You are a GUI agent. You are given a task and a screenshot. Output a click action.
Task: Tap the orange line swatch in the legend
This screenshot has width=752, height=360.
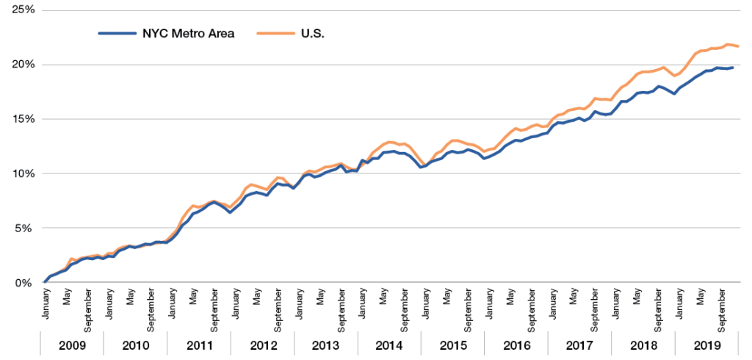(x=272, y=34)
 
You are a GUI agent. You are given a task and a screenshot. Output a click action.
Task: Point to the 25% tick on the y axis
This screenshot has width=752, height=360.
(x=19, y=10)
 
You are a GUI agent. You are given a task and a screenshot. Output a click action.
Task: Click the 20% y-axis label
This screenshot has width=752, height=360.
(x=19, y=65)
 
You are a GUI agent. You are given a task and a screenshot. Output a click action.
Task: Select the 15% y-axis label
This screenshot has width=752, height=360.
(x=19, y=119)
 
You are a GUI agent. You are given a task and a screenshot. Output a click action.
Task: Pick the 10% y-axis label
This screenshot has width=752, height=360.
(x=19, y=173)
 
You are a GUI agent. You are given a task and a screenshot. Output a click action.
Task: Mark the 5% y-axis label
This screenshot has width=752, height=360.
(x=21, y=228)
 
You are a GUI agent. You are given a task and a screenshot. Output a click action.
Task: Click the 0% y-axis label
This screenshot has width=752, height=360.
(x=21, y=283)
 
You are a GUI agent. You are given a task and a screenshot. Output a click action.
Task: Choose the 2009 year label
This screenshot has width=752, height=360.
(x=71, y=345)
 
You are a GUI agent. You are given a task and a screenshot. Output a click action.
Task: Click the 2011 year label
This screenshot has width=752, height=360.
(x=199, y=345)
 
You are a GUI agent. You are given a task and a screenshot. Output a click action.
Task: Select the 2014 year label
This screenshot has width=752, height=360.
(x=389, y=345)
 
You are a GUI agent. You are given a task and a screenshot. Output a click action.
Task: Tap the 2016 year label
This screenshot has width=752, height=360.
(x=516, y=345)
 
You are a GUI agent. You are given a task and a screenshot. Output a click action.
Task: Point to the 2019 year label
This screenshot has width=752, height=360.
(x=706, y=345)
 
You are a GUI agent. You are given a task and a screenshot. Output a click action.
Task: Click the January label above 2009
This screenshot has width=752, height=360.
(x=46, y=305)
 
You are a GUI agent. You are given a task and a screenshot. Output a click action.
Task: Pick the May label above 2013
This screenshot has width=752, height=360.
(x=320, y=298)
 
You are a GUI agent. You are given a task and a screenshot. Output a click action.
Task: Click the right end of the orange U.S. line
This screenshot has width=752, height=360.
(x=738, y=46)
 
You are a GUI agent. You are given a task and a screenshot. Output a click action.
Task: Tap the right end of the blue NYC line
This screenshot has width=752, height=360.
(x=732, y=68)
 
